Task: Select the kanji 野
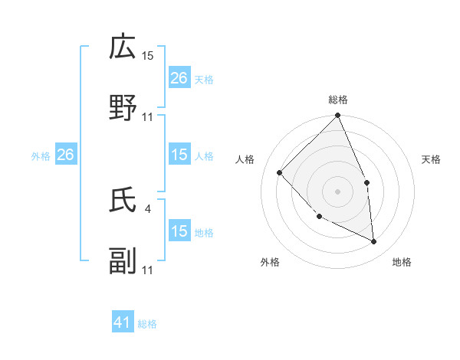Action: click(123, 108)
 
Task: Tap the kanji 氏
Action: click(123, 200)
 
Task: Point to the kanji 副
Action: click(123, 261)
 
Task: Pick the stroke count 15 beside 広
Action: click(148, 55)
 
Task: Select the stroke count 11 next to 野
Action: click(148, 116)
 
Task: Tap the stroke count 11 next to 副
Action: click(148, 270)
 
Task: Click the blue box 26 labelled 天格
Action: click(179, 78)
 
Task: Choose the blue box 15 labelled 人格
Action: click(179, 155)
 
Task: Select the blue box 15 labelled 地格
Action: click(179, 231)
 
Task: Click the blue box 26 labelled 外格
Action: click(65, 155)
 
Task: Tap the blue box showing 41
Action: click(123, 322)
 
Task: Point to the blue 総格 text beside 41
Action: click(147, 324)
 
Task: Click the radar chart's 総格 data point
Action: click(337, 116)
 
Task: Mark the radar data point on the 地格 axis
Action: click(373, 241)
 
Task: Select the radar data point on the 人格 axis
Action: click(280, 172)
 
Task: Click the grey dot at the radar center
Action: click(337, 191)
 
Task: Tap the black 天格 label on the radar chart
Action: click(431, 159)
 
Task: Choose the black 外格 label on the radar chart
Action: click(270, 262)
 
